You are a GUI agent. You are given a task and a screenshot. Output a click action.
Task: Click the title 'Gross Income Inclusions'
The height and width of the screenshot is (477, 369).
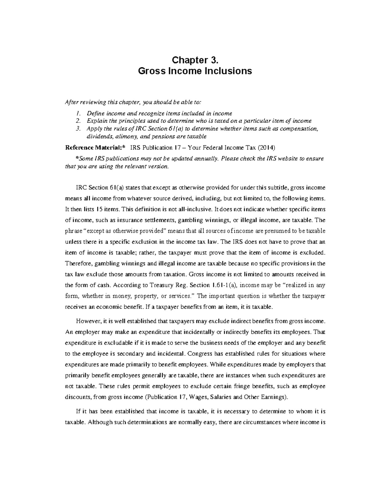(195, 71)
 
